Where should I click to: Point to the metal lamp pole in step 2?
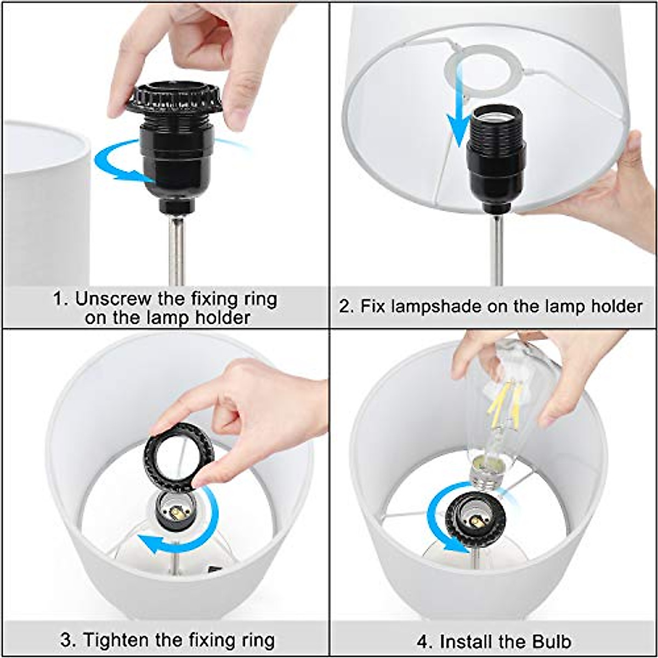[496, 247]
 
